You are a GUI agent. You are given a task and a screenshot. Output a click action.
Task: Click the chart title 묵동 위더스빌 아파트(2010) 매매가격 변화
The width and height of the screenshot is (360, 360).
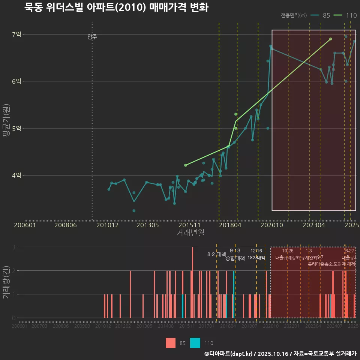(116, 7)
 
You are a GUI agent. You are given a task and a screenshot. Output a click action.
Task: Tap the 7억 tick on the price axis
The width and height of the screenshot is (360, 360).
(17, 34)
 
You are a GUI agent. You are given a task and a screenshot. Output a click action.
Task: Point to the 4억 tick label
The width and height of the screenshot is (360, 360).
(17, 175)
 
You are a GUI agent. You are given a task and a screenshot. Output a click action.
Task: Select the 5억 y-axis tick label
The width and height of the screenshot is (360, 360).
(17, 128)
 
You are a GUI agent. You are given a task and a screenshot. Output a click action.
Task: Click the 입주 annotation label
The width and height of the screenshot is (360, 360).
(92, 37)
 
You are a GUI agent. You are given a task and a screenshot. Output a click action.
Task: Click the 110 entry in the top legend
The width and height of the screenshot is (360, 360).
(351, 15)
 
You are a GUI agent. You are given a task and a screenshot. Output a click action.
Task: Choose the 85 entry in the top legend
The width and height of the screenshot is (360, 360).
(326, 15)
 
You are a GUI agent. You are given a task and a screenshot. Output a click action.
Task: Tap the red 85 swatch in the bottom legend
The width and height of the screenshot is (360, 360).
(171, 343)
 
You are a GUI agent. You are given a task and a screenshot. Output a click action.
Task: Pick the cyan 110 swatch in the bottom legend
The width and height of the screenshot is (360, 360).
(195, 343)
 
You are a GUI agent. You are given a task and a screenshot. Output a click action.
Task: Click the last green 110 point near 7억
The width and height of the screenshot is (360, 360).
(330, 39)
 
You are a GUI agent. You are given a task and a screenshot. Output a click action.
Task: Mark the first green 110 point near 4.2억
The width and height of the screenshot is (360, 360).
(186, 165)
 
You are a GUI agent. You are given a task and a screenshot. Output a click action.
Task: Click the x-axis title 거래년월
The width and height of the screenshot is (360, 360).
(190, 233)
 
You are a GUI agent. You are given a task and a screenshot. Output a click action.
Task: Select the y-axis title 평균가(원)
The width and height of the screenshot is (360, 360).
(6, 122)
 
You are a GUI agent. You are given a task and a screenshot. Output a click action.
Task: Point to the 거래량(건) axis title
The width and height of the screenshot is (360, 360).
(6, 282)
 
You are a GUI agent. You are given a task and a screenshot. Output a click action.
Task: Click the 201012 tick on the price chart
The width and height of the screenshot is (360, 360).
(108, 225)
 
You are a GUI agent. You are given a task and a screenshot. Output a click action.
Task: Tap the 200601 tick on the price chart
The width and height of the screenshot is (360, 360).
(25, 225)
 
